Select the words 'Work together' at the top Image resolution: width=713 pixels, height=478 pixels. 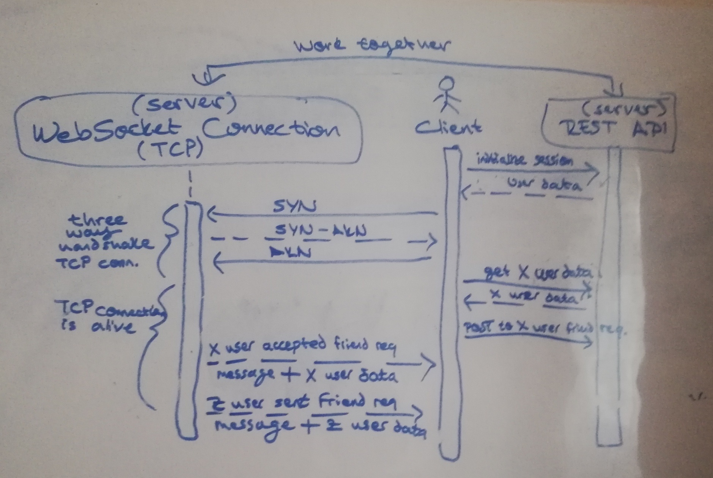click(x=372, y=46)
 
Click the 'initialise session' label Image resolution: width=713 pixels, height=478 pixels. click(x=525, y=160)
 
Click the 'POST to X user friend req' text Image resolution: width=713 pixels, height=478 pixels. click(x=544, y=329)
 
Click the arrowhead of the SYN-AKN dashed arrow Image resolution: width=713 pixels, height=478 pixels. click(x=431, y=241)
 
